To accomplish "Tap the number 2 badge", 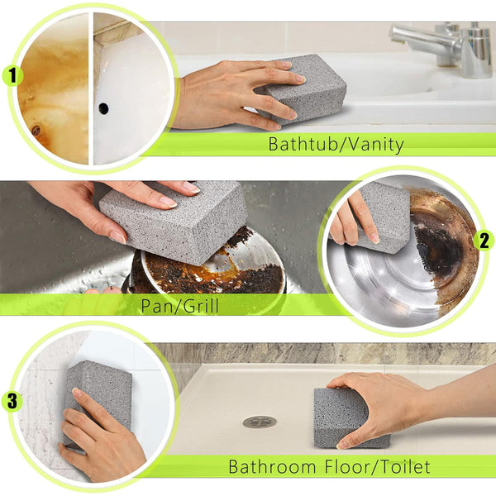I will [x=484, y=241].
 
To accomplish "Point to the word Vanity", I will [x=374, y=145].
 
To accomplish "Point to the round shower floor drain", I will [x=260, y=422].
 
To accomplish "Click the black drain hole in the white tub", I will [x=103, y=107].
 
